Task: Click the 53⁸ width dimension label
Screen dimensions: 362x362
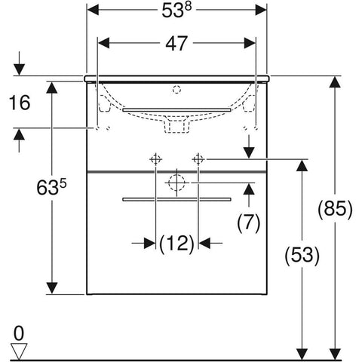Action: [176, 10]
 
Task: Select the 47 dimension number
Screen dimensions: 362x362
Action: [176, 43]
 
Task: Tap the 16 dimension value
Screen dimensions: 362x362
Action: [20, 103]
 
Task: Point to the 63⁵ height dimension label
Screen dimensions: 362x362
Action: [51, 187]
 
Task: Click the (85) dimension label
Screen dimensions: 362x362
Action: [335, 209]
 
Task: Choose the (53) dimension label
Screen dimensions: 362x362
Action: [302, 256]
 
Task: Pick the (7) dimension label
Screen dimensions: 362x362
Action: [249, 222]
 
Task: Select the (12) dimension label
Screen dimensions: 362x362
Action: [177, 244]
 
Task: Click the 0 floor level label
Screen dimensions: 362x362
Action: [19, 333]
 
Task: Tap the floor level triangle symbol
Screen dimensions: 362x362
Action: [19, 351]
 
